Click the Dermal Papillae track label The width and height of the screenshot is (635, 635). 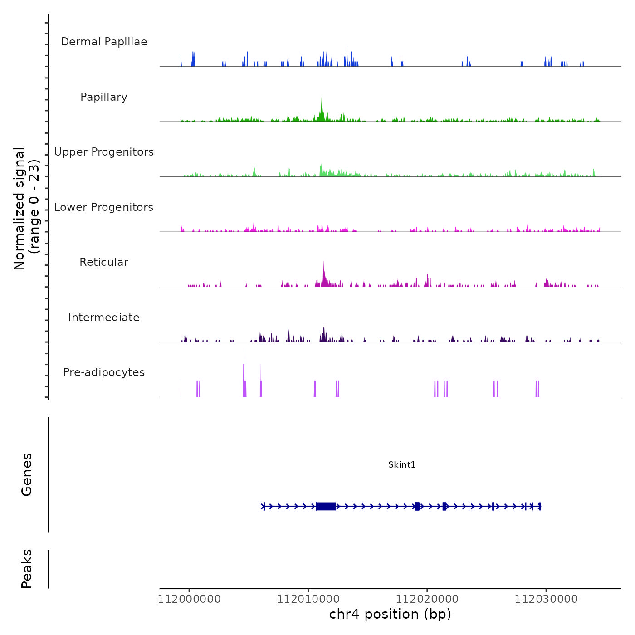click(104, 42)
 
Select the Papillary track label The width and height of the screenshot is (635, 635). click(104, 97)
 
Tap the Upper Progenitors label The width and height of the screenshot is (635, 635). click(104, 152)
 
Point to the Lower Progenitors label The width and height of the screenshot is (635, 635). click(104, 207)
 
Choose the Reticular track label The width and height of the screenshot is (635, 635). click(104, 262)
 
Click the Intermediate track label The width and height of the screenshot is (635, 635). click(104, 317)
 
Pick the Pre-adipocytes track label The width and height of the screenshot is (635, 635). click(104, 372)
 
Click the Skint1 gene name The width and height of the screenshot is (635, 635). click(402, 464)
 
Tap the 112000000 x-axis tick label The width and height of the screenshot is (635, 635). click(189, 599)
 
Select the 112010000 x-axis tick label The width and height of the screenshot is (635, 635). click(308, 599)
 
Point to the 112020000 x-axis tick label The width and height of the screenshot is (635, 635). click(427, 599)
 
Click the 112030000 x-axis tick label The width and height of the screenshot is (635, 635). click(546, 599)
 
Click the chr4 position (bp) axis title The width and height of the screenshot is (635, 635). click(390, 614)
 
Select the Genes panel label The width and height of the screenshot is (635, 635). click(27, 474)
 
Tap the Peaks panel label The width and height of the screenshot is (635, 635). click(27, 569)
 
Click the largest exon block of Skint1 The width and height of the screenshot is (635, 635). click(326, 506)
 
